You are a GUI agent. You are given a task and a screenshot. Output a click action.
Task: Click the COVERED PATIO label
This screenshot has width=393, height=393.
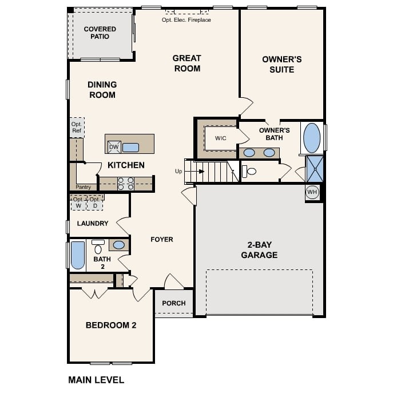100,33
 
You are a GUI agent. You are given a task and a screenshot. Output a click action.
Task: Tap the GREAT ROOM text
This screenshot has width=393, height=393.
186,63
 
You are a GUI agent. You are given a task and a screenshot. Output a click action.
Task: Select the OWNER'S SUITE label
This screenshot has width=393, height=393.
281,64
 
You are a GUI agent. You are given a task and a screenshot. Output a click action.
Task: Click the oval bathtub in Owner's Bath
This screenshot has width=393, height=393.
312,137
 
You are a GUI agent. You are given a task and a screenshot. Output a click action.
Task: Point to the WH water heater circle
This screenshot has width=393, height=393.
312,192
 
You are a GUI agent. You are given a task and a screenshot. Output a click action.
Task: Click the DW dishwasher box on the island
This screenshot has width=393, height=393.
114,147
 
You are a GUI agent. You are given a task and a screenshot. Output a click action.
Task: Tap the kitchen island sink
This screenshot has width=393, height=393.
130,148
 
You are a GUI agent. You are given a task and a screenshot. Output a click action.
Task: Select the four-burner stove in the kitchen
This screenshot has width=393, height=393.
126,184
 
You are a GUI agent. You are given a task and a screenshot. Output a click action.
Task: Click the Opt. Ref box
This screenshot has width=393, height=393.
77,127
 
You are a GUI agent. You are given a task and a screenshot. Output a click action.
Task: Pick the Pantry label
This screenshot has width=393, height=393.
83,187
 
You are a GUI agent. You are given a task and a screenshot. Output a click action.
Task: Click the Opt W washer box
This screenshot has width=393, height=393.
78,203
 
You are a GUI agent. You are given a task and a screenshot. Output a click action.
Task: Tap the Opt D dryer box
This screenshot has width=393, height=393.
95,203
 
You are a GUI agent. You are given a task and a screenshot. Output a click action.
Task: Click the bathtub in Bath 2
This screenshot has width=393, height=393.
77,255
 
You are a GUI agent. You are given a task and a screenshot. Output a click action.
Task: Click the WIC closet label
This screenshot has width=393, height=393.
221,138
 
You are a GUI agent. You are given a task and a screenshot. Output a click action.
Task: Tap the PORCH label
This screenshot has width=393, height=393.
174,303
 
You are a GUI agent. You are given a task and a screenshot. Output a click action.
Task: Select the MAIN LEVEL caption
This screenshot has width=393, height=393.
96,379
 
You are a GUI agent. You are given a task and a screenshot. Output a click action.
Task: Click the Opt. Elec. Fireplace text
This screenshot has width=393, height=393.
186,20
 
